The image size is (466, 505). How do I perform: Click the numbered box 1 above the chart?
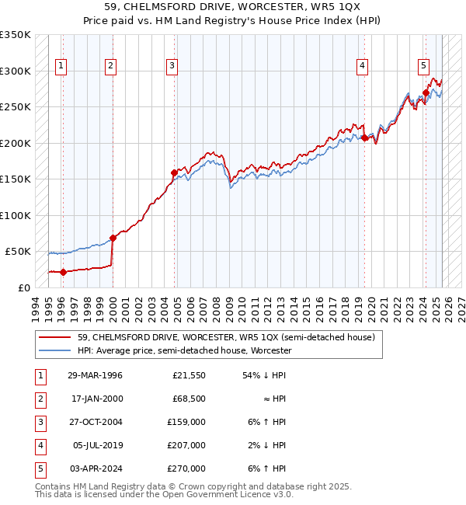pos(61,66)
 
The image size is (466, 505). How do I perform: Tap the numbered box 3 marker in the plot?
pos(172,66)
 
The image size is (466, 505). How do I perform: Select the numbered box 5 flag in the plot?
pos(423,66)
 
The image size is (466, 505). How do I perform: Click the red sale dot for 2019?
pos(365,138)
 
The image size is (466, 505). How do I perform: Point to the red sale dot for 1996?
pos(63,272)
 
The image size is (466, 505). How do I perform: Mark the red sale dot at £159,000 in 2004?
pos(174,172)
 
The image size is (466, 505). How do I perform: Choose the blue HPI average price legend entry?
pos(184,350)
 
